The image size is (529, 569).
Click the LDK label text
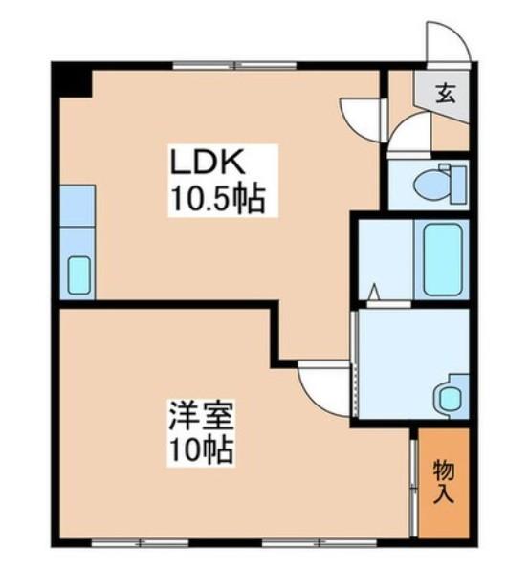click(x=204, y=163)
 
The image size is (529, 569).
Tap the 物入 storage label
click(x=443, y=482)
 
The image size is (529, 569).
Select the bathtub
click(x=443, y=258)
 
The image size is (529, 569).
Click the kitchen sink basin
click(x=77, y=276)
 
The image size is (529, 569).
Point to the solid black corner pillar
click(x=73, y=78)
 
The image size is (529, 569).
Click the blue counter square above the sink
click(x=76, y=205)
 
